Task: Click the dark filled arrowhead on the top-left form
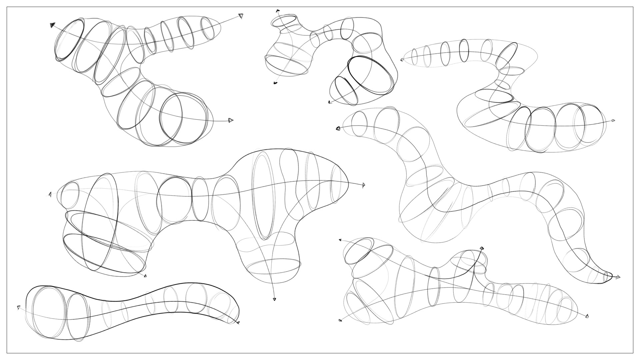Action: coord(53,25)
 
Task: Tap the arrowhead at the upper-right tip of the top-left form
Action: coord(241,16)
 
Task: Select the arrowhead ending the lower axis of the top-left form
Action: coord(231,120)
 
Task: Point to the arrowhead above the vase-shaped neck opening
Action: coord(277,11)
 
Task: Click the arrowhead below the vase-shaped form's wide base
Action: coord(275,83)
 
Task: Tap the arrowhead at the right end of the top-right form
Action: coord(613,121)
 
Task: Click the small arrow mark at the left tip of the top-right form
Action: coord(402,60)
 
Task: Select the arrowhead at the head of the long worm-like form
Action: coord(338,128)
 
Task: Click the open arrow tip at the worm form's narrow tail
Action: coord(618,277)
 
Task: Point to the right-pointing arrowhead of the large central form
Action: coord(364,185)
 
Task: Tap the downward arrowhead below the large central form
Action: coord(274,299)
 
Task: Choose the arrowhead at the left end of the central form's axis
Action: coord(50,194)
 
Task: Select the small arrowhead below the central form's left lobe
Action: coord(145,275)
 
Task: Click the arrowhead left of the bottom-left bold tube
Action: coord(19,307)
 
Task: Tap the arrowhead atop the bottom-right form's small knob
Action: coord(482,248)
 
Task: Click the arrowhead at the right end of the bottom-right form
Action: coord(587,316)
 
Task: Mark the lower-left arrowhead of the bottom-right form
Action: coord(340,320)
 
